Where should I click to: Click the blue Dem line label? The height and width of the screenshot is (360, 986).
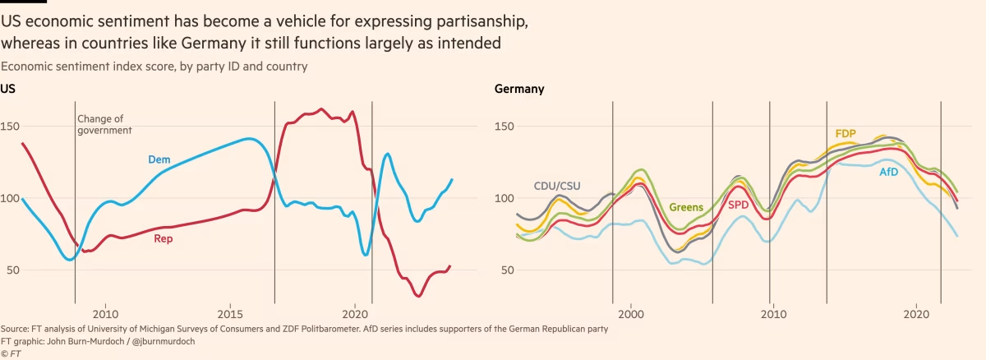tap(159, 159)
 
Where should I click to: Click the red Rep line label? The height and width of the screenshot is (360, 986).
tap(164, 239)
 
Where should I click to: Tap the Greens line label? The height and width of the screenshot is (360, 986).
tap(687, 208)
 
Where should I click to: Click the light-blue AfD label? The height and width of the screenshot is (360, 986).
tap(889, 173)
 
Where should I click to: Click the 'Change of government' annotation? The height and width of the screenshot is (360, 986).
tap(104, 124)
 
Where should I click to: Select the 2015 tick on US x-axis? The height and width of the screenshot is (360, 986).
tap(230, 313)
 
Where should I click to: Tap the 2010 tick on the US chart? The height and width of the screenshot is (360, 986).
tap(105, 313)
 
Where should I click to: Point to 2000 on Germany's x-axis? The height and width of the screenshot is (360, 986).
tap(630, 313)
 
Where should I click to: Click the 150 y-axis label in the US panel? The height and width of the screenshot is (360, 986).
tap(12, 127)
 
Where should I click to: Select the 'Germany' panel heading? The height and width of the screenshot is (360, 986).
tap(518, 89)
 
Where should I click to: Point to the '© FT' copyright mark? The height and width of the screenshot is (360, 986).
tap(11, 353)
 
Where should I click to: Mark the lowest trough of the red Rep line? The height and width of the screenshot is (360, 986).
tap(418, 296)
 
